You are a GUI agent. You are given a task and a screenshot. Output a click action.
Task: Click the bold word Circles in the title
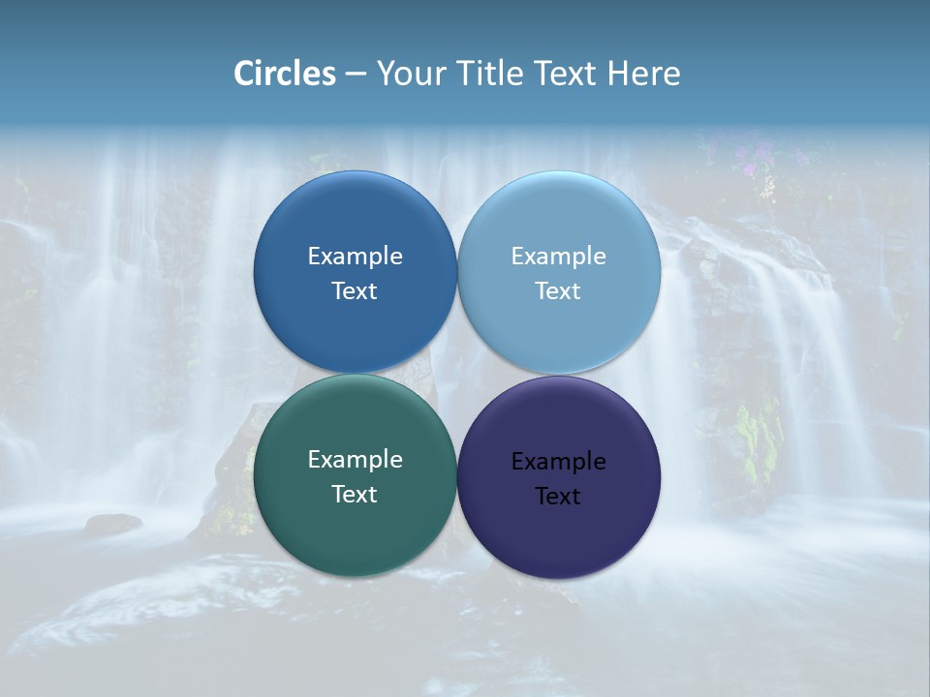(x=285, y=74)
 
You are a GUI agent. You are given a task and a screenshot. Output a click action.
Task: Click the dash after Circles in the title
(x=355, y=75)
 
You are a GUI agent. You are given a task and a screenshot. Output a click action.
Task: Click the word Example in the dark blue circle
(x=355, y=256)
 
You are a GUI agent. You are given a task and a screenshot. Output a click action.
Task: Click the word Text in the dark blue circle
(x=355, y=290)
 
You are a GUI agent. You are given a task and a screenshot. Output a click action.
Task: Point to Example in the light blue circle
(x=559, y=256)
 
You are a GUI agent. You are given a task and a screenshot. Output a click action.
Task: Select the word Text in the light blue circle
(x=559, y=290)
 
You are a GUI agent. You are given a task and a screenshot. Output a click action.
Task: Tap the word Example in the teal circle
(x=355, y=459)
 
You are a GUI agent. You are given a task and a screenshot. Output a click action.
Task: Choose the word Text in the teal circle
(x=355, y=494)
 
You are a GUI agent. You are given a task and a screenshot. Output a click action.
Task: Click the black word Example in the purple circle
(x=559, y=461)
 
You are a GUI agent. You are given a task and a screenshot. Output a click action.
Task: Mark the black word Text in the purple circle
(x=559, y=496)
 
